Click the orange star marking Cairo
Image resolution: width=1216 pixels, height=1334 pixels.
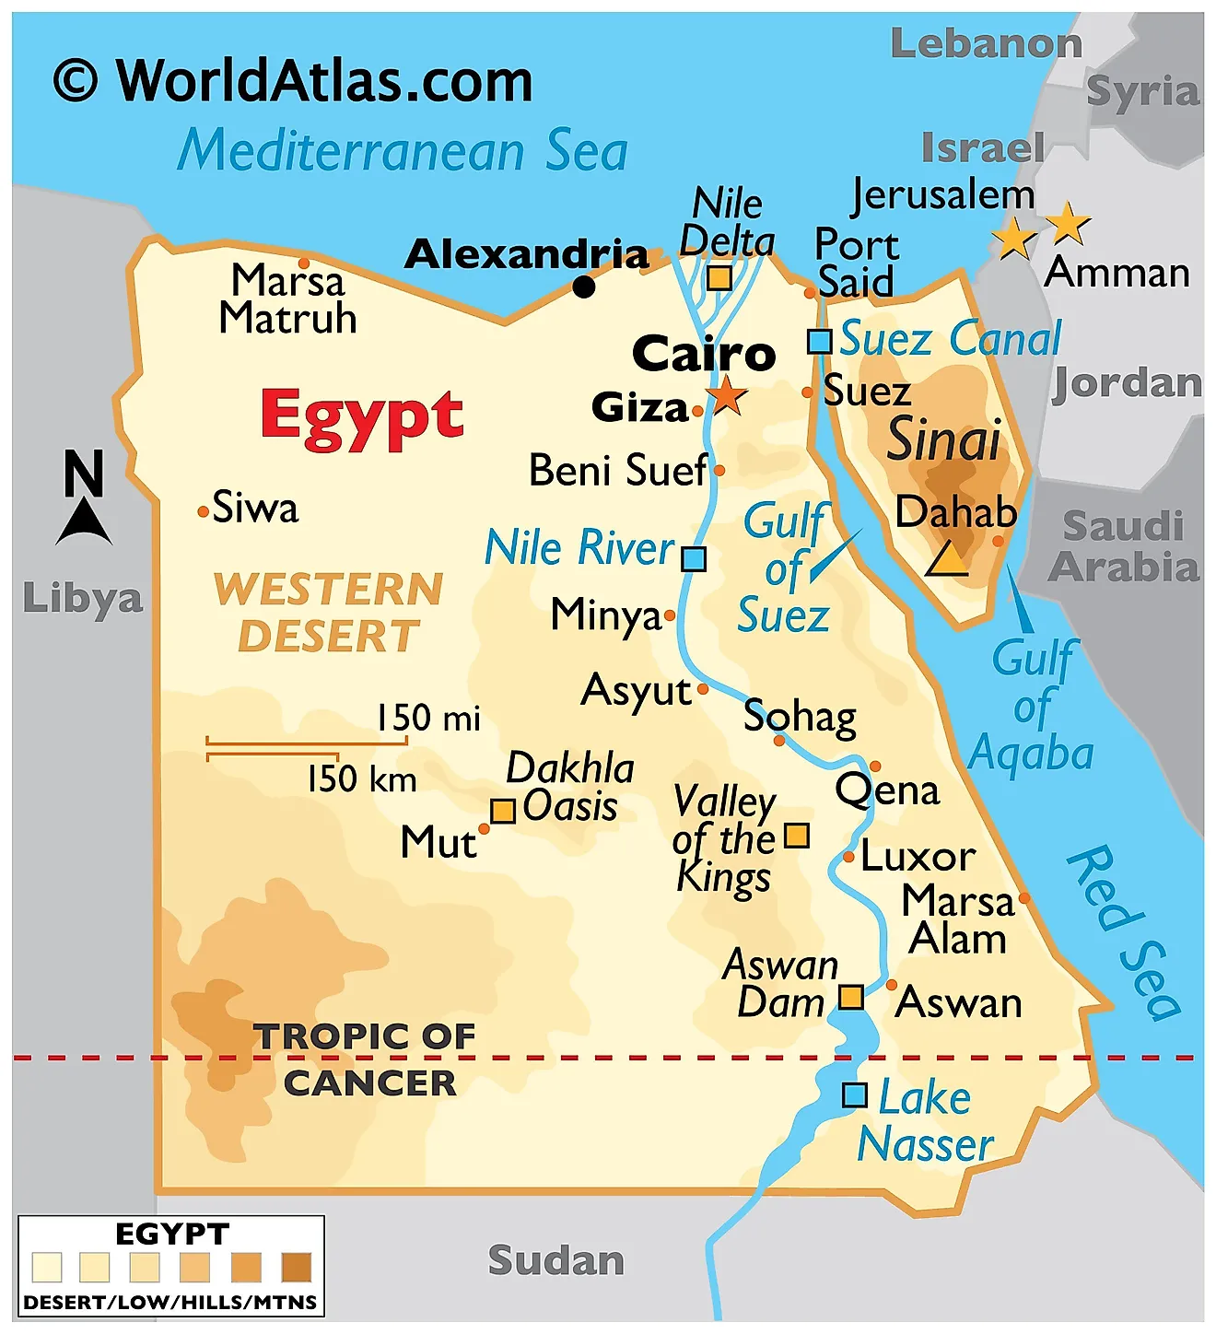point(728,395)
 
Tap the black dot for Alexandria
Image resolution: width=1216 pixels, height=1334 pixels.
point(584,287)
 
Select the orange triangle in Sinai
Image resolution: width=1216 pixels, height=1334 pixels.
point(947,559)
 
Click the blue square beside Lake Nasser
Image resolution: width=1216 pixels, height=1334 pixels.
point(855,1095)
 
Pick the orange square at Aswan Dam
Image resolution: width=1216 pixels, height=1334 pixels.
point(850,997)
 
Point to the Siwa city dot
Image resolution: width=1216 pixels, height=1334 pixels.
point(203,511)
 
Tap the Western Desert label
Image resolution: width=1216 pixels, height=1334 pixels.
point(329,613)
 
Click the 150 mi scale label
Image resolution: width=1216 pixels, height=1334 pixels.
point(428,718)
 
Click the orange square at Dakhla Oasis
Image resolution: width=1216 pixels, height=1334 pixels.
point(502,811)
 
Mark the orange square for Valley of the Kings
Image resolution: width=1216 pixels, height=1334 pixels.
point(796,836)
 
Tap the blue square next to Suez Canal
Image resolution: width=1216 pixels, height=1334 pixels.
point(819,342)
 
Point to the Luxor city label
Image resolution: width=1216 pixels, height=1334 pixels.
point(918,858)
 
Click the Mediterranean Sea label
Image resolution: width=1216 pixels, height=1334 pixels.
point(403,150)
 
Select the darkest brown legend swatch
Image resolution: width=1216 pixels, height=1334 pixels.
point(297,1268)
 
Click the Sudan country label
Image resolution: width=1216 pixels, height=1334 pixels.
point(555,1260)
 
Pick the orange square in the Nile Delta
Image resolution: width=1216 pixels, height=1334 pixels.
point(719,278)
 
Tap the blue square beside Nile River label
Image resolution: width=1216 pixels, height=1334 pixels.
point(694,559)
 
